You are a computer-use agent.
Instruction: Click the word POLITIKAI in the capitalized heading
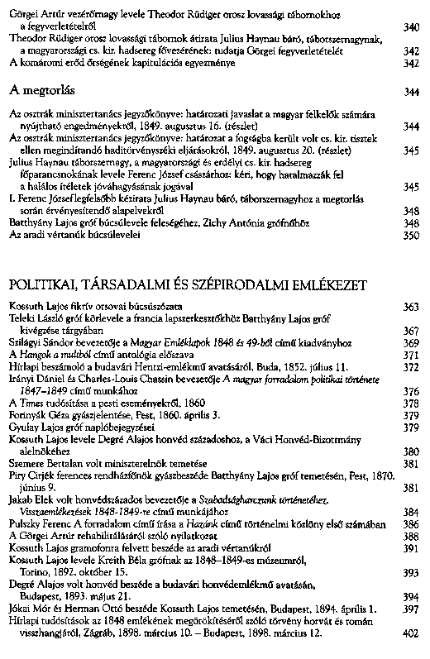45,284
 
